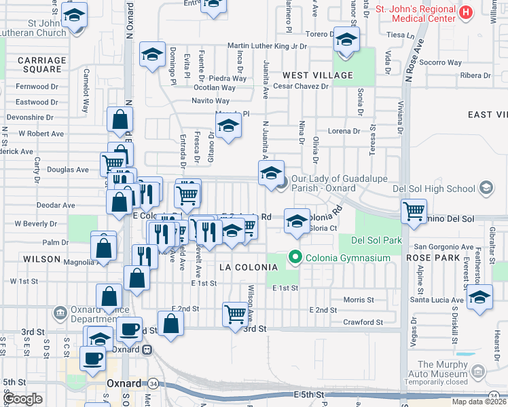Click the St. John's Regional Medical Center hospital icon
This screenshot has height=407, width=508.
465,12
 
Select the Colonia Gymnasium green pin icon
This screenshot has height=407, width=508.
295,257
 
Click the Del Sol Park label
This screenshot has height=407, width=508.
376,240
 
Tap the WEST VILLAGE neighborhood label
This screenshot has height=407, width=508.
318,75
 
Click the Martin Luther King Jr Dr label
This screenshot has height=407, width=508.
267,46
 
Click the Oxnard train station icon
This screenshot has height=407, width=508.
146,349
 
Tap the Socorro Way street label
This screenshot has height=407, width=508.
441,62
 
